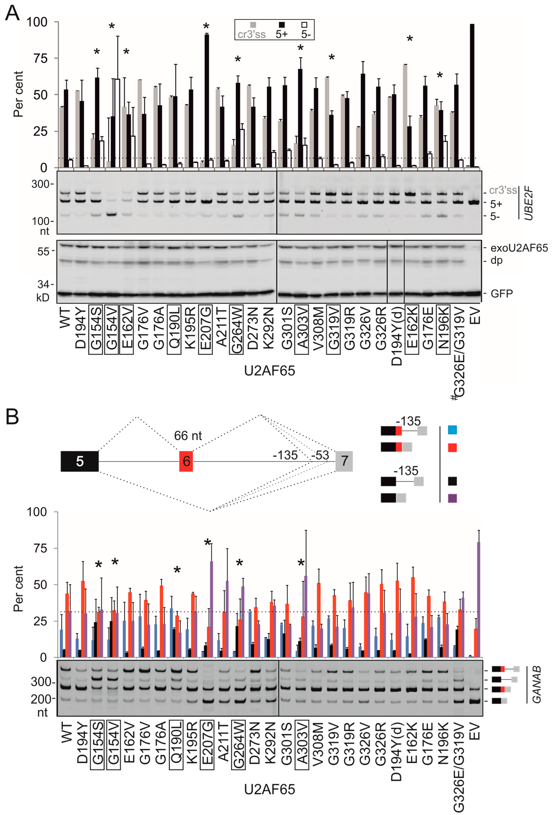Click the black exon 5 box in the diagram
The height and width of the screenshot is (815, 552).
click(80, 461)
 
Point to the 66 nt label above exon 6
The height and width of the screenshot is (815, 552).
click(188, 435)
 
